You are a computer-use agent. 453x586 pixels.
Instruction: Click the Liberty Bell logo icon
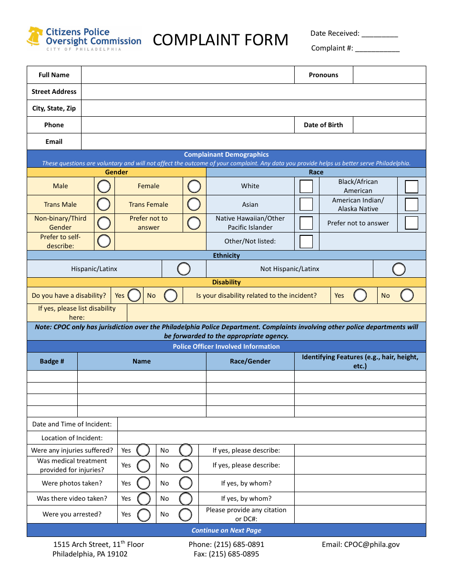[x=35, y=37]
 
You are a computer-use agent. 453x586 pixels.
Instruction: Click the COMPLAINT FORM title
[x=220, y=40]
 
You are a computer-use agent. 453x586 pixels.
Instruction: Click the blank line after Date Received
[x=380, y=34]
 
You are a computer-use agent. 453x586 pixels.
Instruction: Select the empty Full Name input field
[x=187, y=75]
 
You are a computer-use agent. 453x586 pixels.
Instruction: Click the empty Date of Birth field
[x=389, y=125]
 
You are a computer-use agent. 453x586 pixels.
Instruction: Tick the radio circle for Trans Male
[x=104, y=204]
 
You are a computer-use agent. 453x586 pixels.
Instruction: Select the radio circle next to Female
[x=194, y=186]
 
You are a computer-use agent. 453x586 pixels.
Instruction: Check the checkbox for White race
[x=306, y=186]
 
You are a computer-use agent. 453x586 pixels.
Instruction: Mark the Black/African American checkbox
[x=412, y=186]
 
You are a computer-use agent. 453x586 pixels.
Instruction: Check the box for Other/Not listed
[x=306, y=241]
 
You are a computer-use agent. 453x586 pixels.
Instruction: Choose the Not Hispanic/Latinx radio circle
[x=399, y=269]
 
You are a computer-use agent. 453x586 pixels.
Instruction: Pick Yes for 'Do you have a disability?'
[x=134, y=295]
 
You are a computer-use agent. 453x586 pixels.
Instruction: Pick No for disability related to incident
[x=407, y=295]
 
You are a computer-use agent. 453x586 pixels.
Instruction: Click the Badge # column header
[x=52, y=361]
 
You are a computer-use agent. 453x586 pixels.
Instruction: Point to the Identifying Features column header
[x=360, y=361]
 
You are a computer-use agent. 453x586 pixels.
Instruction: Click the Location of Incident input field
[x=271, y=438]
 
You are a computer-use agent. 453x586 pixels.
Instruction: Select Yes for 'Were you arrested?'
[x=144, y=515]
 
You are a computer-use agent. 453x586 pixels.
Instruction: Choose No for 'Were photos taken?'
[x=185, y=483]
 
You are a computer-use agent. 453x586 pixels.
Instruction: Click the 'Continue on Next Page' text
[x=226, y=530]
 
